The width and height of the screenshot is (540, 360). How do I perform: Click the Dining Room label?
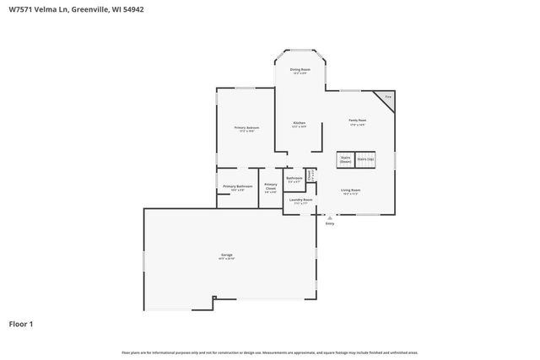300,70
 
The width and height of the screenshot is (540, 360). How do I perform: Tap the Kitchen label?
299,124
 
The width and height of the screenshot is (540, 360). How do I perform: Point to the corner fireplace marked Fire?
386,97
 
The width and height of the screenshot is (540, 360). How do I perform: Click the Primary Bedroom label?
246,128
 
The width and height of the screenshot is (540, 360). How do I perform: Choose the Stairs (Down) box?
345,159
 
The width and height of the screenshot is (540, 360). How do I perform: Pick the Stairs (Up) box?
365,159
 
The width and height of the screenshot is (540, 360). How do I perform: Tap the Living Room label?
350,191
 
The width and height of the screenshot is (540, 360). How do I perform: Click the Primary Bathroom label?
238,186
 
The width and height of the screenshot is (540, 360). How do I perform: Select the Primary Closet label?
270,186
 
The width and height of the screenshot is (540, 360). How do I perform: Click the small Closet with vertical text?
310,176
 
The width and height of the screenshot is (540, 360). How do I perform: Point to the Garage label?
227,255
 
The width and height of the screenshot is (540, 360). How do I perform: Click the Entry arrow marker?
330,217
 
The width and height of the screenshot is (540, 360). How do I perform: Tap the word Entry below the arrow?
330,223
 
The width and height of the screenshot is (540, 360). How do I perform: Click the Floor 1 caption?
21,324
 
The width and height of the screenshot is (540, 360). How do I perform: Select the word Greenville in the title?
88,10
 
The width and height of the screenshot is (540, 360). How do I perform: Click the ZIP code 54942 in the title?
142,10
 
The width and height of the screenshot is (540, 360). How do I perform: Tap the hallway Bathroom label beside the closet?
294,179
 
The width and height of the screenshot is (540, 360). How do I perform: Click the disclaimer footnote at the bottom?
269,352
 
